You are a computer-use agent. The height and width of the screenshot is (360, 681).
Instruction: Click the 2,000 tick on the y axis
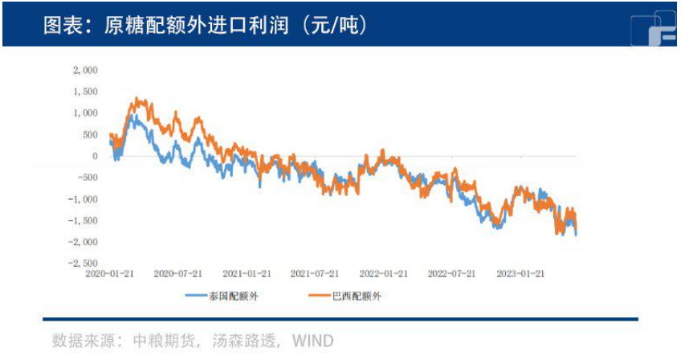(85, 70)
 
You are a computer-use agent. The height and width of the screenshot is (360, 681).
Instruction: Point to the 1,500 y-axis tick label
(85, 92)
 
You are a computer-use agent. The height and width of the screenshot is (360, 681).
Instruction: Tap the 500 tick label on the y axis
(89, 134)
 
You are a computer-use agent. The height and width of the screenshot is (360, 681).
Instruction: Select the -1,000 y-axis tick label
(84, 198)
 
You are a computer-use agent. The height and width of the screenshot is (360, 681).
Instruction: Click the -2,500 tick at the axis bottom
(84, 263)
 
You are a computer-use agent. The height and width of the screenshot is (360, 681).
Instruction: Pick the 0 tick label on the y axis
(94, 156)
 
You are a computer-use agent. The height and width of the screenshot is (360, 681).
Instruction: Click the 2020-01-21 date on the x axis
(110, 273)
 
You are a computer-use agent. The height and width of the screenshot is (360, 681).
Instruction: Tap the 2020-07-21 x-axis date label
(178, 273)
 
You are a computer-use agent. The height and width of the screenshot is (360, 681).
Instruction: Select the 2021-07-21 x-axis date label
(315, 273)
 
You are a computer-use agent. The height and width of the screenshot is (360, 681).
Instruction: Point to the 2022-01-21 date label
(383, 273)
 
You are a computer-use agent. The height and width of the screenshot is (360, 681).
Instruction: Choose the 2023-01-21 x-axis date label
(520, 273)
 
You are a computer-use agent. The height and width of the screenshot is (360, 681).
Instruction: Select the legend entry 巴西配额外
(357, 296)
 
